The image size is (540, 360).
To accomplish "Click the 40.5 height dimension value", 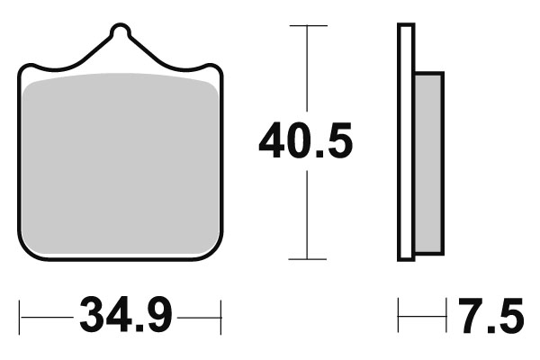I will pos(305,142).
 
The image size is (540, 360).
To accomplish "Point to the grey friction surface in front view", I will pos(120,162).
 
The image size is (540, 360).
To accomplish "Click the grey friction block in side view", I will pos(429,162).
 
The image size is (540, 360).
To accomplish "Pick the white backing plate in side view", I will pos(406,144).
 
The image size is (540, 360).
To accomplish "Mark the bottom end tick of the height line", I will pos(308,259).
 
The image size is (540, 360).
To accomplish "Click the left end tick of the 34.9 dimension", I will pos(22,317).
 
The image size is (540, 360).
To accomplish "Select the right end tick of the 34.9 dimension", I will pos(220,317).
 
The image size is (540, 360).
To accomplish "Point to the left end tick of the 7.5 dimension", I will pos(399,317).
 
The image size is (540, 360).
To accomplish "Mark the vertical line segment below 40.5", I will pos(308,216).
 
